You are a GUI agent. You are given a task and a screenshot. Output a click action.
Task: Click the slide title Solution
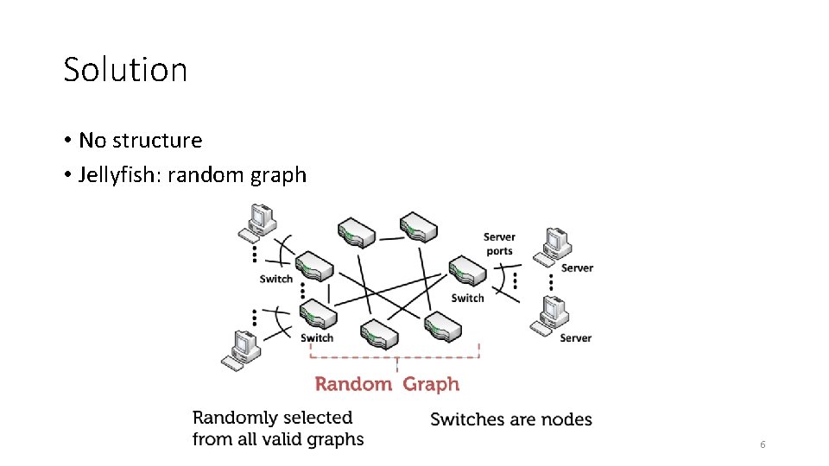(x=125, y=70)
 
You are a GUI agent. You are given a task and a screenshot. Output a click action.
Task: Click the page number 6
(x=762, y=444)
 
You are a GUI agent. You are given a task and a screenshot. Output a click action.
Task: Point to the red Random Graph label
(x=387, y=385)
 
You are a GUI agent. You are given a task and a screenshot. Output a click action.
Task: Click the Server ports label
(x=499, y=244)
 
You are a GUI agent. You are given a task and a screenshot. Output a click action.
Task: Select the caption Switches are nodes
(x=511, y=420)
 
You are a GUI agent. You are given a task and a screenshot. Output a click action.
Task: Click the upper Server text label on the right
(x=577, y=268)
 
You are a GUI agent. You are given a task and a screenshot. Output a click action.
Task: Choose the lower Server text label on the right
(x=575, y=338)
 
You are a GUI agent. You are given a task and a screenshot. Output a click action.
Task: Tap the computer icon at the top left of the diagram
(x=257, y=221)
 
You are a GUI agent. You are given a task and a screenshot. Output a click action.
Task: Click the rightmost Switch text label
(x=467, y=299)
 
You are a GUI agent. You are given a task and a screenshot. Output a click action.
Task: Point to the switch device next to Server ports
(x=466, y=271)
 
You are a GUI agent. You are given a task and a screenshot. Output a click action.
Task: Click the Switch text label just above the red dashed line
(x=317, y=338)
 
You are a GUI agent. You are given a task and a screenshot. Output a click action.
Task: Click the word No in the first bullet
(x=92, y=141)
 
